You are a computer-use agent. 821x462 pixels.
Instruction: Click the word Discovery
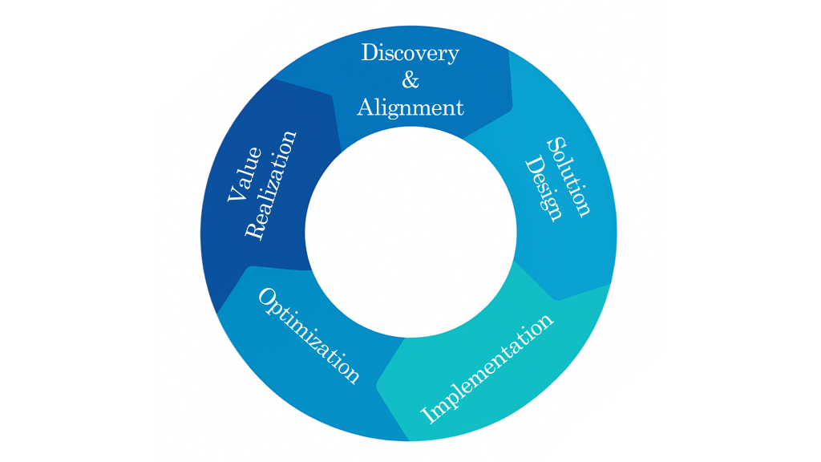pyautogui.click(x=410, y=54)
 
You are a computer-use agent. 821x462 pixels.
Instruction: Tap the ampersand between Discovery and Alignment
pyautogui.click(x=410, y=80)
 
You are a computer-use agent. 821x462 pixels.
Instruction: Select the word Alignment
pyautogui.click(x=410, y=107)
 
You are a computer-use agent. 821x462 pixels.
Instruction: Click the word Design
pyautogui.click(x=543, y=189)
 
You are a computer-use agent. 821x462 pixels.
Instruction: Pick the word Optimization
pyautogui.click(x=308, y=335)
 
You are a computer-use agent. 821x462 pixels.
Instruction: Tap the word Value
pyautogui.click(x=244, y=174)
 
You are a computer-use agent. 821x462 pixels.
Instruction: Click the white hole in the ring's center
pyautogui.click(x=410, y=231)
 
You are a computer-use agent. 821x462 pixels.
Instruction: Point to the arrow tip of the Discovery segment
pyautogui.click(x=512, y=112)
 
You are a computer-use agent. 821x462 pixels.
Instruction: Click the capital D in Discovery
pyautogui.click(x=370, y=53)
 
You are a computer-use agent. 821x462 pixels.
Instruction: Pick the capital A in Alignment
pyautogui.click(x=366, y=107)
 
